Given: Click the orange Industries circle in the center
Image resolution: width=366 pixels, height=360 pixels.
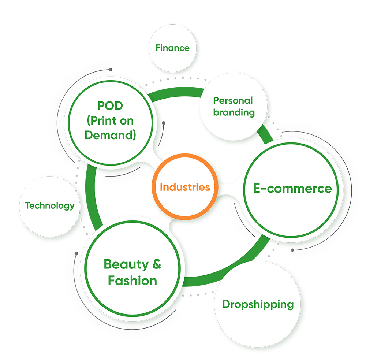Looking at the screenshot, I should click(185, 187).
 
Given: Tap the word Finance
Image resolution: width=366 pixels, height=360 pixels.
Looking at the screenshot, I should click(172, 48).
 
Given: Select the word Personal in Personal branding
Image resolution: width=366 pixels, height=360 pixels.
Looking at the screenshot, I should click(233, 100).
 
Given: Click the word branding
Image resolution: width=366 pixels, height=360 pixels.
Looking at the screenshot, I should click(234, 112).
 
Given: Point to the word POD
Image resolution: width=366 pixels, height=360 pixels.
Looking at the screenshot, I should click(110, 106).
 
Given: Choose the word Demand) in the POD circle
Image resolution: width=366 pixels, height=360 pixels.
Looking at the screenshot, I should click(110, 135).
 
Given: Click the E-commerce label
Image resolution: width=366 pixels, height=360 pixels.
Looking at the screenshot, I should click(292, 188).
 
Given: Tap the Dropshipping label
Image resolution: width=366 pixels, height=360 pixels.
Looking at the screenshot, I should click(258, 304).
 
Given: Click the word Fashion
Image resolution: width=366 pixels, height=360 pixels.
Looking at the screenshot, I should click(132, 281).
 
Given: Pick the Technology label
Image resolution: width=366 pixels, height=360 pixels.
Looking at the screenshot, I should click(50, 205).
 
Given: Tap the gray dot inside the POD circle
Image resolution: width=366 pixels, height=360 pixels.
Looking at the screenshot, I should click(164, 123).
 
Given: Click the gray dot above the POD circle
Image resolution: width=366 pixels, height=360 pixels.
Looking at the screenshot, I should click(110, 69).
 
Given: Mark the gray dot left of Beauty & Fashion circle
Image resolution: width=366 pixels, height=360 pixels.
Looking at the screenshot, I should click(76, 253).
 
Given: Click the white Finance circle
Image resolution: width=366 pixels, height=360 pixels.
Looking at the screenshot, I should click(172, 59).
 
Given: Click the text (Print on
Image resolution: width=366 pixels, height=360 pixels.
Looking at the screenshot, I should click(110, 120).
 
